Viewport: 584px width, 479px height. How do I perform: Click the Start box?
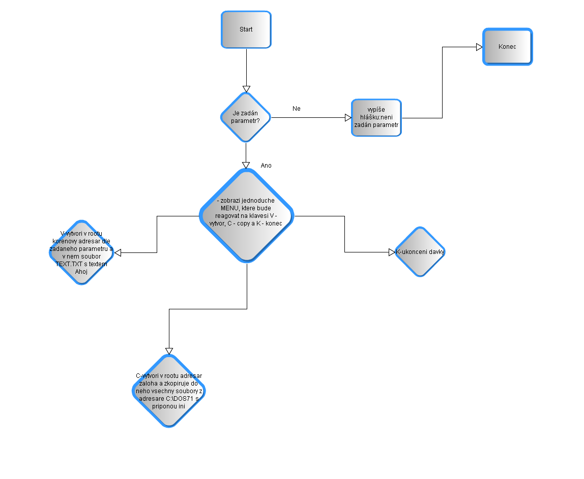246,29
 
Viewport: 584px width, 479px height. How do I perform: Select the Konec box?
507,47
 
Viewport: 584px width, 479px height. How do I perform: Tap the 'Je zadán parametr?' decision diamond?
246,117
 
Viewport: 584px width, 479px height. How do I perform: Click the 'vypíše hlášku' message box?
376,118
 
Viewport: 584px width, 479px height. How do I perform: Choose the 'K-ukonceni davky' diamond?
420,251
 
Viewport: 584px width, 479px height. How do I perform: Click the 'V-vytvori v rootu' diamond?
81,252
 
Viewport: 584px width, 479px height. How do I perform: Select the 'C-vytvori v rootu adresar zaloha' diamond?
169,391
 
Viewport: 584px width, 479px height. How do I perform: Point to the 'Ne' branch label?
297,109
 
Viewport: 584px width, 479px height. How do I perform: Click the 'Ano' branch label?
266,166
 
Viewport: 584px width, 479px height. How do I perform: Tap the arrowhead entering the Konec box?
479,47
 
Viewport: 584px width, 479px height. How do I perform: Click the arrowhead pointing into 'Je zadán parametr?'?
246,89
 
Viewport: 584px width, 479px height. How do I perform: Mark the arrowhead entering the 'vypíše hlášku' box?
348,118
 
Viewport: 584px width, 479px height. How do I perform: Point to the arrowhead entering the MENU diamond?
246,165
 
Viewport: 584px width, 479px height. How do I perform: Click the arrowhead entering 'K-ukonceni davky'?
392,252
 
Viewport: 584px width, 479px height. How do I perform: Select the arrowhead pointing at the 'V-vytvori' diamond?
117,252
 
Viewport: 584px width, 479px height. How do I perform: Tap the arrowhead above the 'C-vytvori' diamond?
169,351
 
